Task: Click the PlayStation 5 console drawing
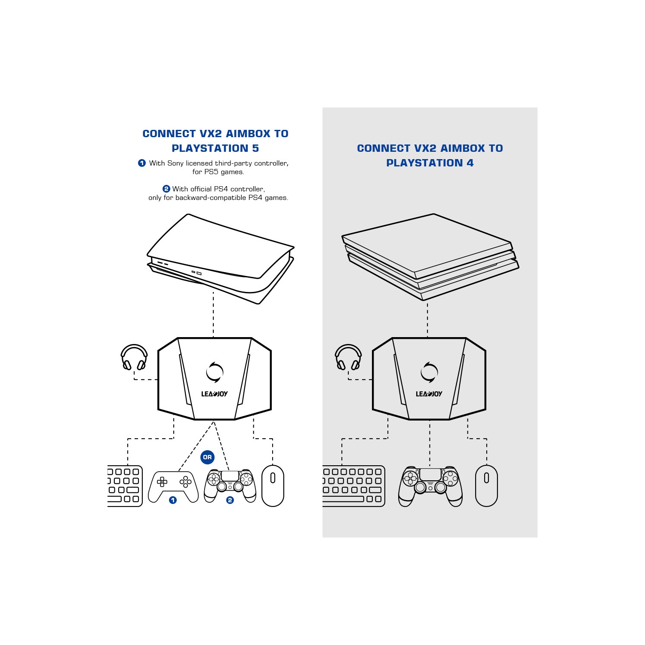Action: [220, 258]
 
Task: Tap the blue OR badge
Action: [207, 457]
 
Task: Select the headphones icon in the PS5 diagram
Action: [134, 357]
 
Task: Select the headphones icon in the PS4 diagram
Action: [348, 357]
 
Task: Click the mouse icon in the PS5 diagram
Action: [273, 485]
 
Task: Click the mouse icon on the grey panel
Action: [486, 485]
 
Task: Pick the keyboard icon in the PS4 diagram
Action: [353, 486]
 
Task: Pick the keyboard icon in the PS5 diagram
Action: [125, 486]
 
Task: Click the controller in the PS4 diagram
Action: [430, 486]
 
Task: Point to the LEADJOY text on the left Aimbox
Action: [214, 394]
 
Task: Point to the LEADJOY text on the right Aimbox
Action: [429, 394]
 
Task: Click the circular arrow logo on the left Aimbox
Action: [215, 372]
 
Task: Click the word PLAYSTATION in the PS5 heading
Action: [210, 148]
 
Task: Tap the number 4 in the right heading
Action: [470, 163]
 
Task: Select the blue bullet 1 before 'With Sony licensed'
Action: [142, 163]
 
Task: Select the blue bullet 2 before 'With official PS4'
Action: [166, 189]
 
